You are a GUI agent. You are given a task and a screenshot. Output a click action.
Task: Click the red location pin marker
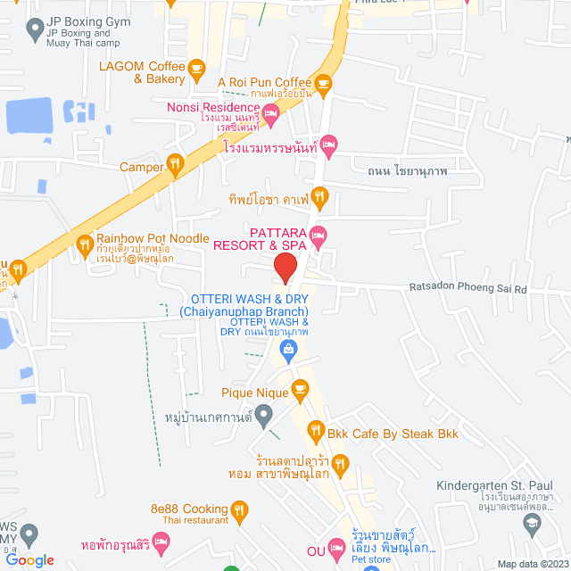285,267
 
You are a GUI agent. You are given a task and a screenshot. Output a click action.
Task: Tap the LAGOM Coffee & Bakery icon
197,67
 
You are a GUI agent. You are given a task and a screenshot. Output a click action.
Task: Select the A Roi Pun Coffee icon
323,83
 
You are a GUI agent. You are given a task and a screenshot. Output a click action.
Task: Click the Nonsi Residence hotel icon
271,111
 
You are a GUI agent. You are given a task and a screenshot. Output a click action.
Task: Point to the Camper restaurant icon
175,165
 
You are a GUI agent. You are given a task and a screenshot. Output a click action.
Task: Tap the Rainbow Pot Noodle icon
85,243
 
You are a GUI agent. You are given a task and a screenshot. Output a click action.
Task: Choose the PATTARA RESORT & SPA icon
319,236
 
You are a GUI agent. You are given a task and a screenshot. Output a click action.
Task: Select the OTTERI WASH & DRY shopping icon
289,351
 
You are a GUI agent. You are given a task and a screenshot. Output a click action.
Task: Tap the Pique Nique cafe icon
300,388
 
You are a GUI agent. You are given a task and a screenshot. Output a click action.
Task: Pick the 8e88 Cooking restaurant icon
239,510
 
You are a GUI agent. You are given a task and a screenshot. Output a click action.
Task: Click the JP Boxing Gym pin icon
36,29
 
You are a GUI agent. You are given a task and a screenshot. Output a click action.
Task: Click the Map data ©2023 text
533,564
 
